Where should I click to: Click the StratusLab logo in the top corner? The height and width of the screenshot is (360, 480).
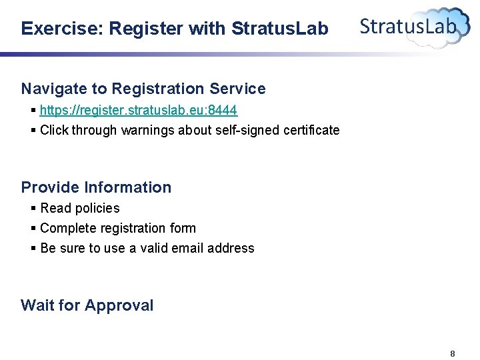414,26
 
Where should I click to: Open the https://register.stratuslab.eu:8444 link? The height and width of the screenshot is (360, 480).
139,109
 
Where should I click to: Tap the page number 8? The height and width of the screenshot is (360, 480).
453,353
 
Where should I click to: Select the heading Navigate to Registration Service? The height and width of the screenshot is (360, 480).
143,89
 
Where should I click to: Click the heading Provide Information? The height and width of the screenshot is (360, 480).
96,187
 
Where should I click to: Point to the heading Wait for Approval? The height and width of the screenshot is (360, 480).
87,305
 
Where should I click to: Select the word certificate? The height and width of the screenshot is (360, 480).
309,130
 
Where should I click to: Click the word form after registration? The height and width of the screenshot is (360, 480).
183,228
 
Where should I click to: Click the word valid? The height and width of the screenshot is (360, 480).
151,248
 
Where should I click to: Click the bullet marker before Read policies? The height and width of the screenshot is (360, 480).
33,208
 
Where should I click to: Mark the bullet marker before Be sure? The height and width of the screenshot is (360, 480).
33,248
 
